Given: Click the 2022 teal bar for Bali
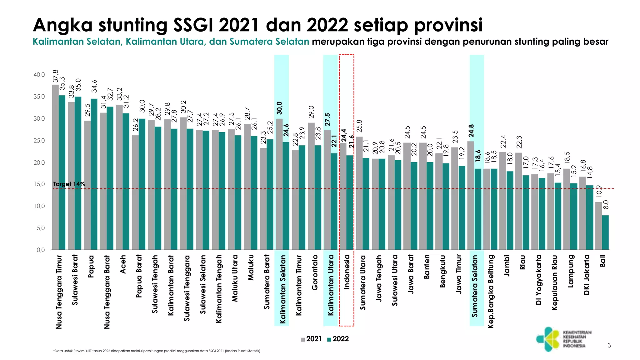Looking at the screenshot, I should click(605, 232).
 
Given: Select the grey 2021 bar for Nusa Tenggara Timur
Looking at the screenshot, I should click(55, 167).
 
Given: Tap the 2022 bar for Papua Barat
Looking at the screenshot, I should click(142, 184).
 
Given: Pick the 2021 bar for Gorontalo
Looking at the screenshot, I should click(311, 186).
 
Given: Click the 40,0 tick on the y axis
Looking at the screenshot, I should click(39, 75).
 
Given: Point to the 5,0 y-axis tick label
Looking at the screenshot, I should click(41, 228).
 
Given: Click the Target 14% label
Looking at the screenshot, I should click(69, 184).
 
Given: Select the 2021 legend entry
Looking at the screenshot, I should click(311, 339).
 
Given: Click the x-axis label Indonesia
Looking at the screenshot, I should click(347, 272).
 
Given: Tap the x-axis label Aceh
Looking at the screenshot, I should click(123, 264).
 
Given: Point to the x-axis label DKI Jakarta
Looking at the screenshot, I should click(587, 275).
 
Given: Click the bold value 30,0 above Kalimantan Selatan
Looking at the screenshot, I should click(279, 108).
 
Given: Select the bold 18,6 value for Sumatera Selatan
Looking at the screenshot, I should click(478, 156).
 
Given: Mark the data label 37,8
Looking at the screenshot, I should click(56, 77).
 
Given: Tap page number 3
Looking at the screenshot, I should click(609, 345).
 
